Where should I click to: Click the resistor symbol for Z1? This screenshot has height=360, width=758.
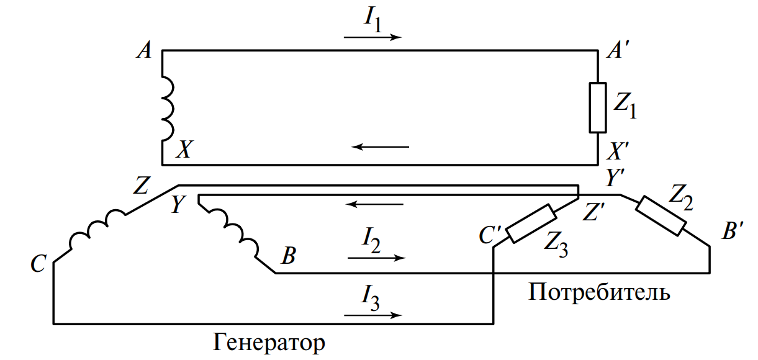coord(597,107)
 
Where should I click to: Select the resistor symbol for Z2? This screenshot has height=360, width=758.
coord(663,215)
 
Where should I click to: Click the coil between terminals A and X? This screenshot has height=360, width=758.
coord(168,108)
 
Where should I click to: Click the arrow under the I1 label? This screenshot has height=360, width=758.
coord(372,37)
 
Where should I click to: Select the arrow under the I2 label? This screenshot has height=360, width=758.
coord(376,257)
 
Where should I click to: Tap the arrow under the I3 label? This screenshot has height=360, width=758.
coord(372,315)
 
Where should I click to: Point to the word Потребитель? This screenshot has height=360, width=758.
coord(599,290)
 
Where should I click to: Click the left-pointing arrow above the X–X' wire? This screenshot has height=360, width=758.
coord(381,147)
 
